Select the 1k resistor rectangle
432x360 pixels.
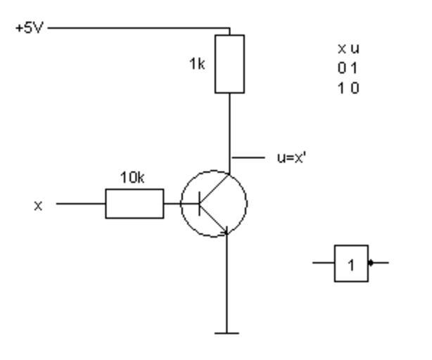(230, 63)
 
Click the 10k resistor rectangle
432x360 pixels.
(134, 203)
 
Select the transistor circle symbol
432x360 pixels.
(213, 203)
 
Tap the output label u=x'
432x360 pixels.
(291, 157)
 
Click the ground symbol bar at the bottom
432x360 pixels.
(226, 333)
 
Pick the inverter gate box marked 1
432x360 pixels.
(351, 264)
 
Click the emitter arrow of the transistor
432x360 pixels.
(222, 226)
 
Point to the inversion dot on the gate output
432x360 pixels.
(371, 264)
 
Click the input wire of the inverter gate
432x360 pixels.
(324, 264)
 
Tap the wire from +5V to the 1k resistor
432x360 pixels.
(141, 29)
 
